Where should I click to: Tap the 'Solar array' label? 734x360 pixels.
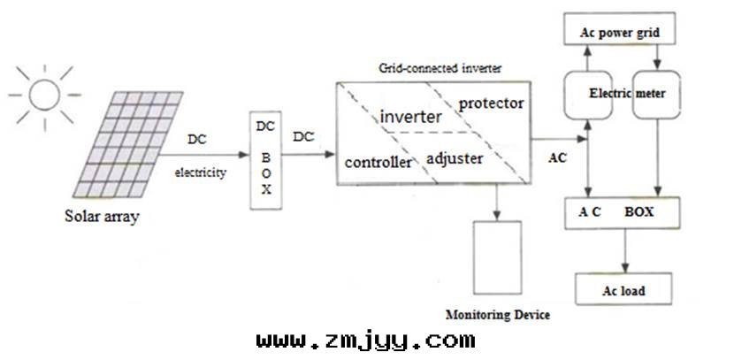point(102,216)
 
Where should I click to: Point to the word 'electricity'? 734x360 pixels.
point(200,172)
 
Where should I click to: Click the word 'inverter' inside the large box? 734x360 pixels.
point(409,117)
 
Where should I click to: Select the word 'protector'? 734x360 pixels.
point(491,103)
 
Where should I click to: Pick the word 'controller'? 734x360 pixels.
point(378,163)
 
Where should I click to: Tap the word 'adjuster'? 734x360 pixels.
point(455,159)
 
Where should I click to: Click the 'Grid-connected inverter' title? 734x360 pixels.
point(427,67)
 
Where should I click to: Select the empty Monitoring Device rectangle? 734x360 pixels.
point(500,258)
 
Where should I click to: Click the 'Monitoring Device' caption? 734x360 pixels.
point(498,316)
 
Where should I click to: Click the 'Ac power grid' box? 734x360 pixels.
point(620,34)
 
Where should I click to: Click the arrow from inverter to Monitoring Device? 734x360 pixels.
point(500,200)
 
